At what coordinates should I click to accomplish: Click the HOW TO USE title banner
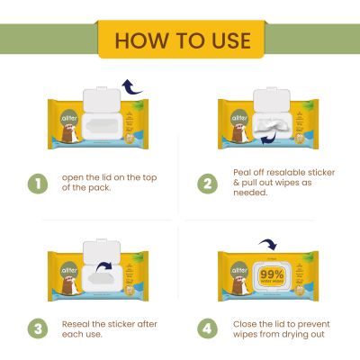coord(179,40)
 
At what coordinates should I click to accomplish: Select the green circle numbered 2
coord(208,184)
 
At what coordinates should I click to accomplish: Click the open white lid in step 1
coord(101,98)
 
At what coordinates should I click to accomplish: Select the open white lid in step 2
coord(273,98)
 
